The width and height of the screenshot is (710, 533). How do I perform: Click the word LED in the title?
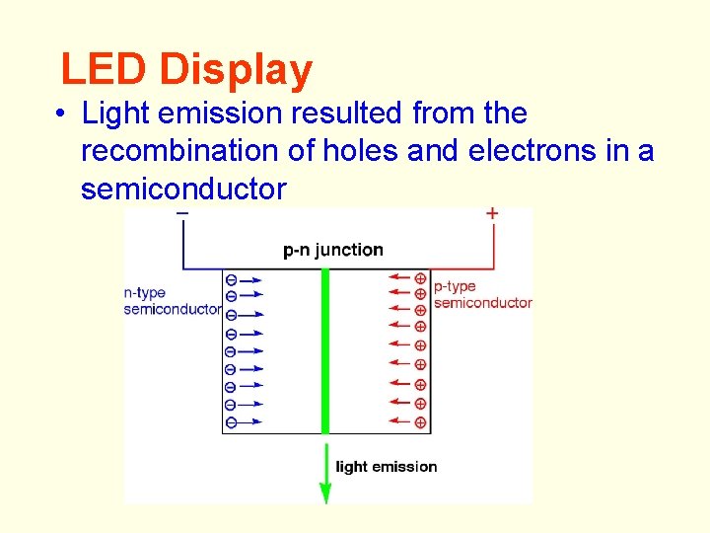tap(104, 70)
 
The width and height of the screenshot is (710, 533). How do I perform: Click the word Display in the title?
tap(236, 70)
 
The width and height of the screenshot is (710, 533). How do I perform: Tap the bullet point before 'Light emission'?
tap(61, 114)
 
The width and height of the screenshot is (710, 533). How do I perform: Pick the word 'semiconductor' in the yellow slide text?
tap(183, 189)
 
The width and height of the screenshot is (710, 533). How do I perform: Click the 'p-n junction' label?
tap(332, 250)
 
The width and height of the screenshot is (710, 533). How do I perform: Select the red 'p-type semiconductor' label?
tap(482, 295)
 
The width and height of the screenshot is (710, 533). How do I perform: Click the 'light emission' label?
tap(387, 466)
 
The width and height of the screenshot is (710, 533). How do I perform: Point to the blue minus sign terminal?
tap(182, 213)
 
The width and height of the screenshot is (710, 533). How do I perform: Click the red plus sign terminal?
tap(492, 213)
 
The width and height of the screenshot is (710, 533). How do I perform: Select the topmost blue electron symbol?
tap(231, 279)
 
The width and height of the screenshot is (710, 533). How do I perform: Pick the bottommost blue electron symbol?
tap(231, 422)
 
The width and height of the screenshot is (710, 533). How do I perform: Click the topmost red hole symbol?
tap(420, 278)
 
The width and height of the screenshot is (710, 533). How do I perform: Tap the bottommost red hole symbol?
tap(420, 422)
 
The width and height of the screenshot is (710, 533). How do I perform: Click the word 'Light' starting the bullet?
tap(110, 114)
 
